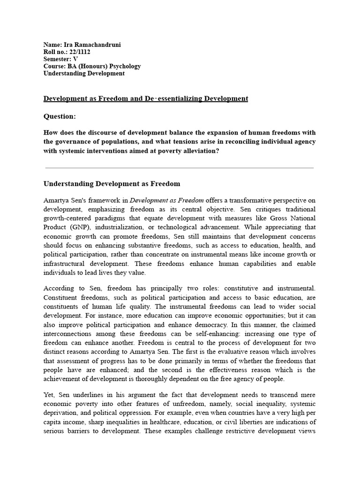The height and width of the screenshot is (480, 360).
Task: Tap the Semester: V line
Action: tap(60, 59)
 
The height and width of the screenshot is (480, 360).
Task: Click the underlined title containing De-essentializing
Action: tap(146, 98)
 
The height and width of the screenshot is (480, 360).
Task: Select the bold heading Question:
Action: tap(60, 116)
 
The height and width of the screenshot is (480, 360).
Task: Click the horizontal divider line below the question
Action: tap(180, 167)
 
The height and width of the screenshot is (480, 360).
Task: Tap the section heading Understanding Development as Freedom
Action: tap(112, 184)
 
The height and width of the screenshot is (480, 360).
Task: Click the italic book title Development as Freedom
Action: tap(166, 200)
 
